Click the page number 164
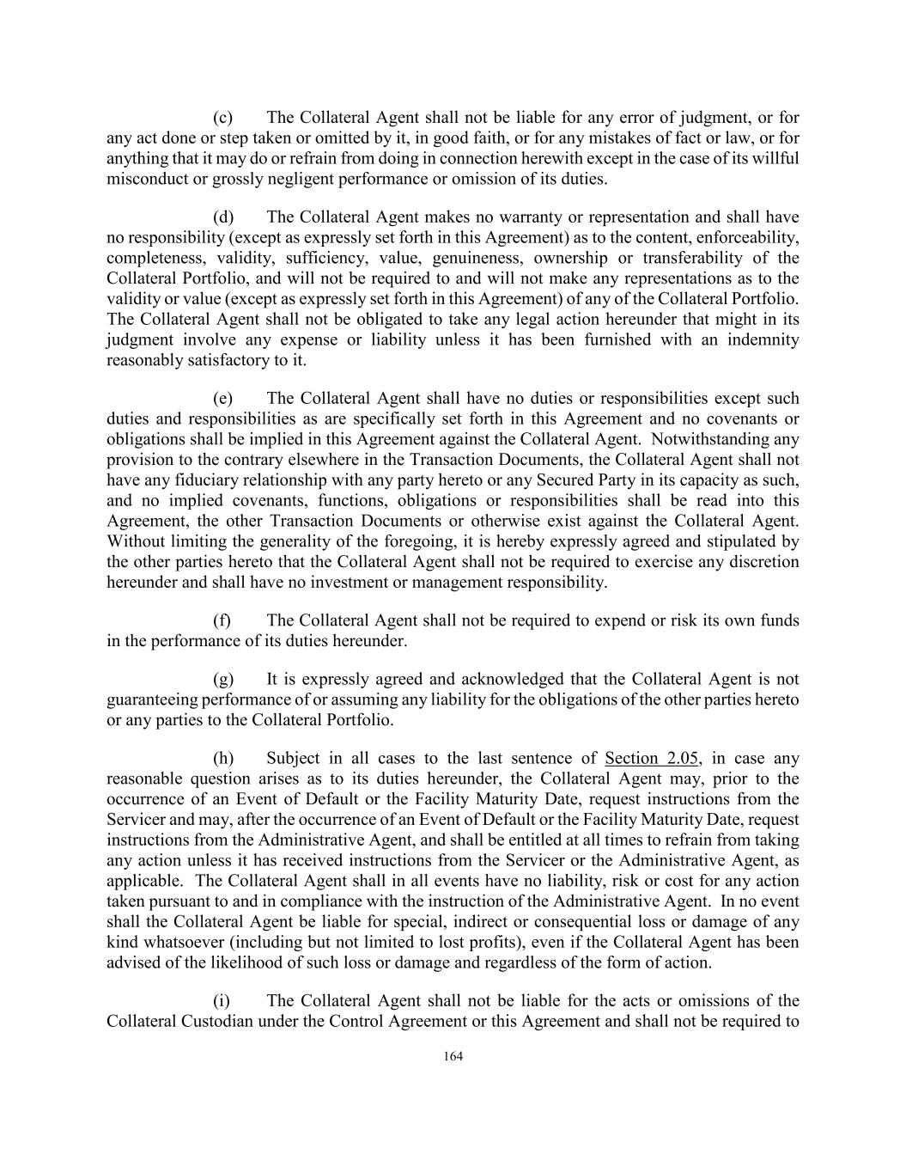(x=453, y=1057)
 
